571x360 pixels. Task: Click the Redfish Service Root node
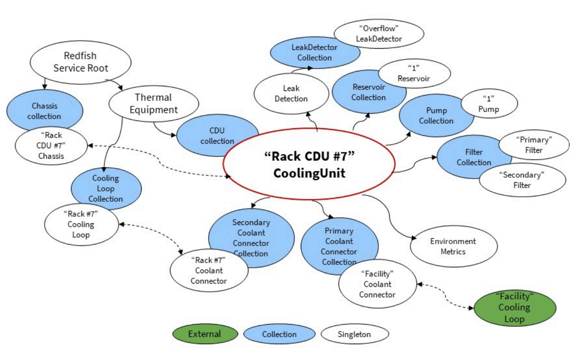[x=80, y=62]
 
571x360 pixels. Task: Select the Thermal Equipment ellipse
[x=154, y=104]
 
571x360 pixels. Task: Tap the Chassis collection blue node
[x=44, y=111]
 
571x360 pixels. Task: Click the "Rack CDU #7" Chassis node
[x=50, y=146]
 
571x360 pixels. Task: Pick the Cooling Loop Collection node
[x=105, y=188]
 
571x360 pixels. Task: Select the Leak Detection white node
[x=291, y=94]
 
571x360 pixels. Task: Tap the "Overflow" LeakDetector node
[x=378, y=34]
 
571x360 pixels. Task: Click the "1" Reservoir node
[x=413, y=73]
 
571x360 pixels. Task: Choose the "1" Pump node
[x=489, y=104]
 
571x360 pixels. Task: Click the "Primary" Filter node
[x=534, y=145]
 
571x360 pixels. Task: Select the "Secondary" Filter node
[x=522, y=180]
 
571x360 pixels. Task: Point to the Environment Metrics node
[x=453, y=246]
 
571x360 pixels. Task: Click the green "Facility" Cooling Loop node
[x=514, y=307]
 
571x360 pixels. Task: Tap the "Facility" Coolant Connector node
[x=377, y=284]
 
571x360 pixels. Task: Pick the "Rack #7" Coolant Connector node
[x=209, y=270]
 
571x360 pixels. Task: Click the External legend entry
[x=204, y=334]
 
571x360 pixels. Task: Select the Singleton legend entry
[x=354, y=334]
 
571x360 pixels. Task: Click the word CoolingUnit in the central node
[x=309, y=174]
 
